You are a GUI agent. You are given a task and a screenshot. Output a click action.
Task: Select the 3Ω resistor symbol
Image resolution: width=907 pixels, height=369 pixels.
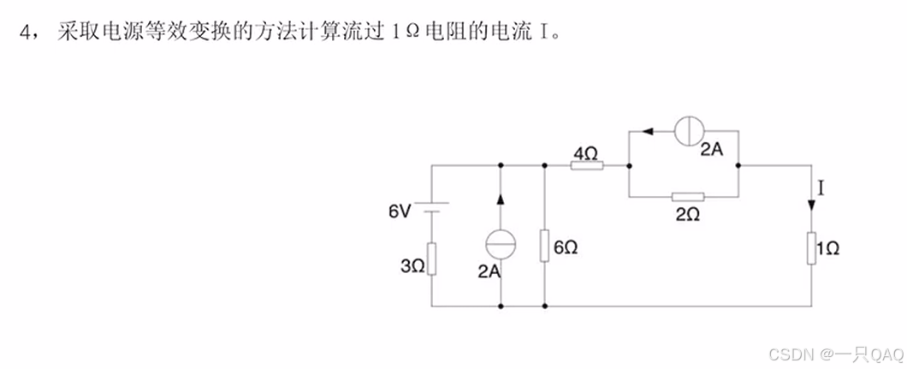point(432,258)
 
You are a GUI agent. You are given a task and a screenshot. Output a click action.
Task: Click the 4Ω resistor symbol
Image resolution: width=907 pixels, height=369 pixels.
point(587,165)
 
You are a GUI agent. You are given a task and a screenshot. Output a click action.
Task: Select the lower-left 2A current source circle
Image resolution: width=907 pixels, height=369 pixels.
point(499,244)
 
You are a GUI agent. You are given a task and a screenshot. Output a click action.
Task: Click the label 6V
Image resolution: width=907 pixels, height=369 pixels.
point(400,211)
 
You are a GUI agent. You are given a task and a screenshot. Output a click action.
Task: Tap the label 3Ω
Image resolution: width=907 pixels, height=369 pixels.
point(412,267)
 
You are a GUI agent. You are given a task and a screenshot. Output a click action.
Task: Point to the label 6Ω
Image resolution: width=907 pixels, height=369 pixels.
point(566,247)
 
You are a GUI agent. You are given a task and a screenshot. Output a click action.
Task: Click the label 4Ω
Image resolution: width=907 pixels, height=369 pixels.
point(585,152)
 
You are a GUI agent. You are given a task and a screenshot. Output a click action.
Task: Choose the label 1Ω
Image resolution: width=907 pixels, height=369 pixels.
point(828,248)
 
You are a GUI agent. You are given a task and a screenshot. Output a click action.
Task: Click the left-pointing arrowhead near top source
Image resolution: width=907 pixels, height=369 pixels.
point(648,131)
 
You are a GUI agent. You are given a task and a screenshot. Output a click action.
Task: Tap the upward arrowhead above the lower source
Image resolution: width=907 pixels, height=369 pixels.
point(499,199)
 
